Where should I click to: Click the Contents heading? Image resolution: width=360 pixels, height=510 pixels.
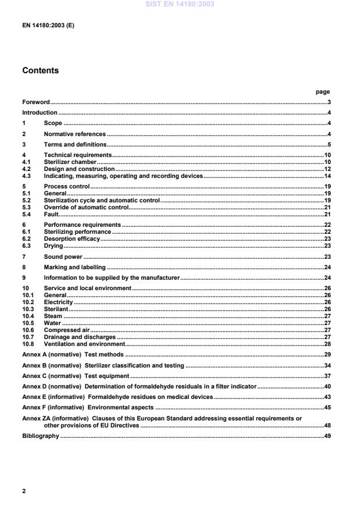click(40, 71)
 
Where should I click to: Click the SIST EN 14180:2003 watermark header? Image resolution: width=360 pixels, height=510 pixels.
click(180, 4)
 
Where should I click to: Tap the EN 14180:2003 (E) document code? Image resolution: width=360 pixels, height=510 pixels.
click(48, 26)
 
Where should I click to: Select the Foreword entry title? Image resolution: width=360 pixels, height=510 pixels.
click(35, 102)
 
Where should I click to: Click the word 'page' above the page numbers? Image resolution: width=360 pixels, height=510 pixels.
click(322, 91)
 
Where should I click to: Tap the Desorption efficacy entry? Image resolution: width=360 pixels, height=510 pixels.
click(72, 238)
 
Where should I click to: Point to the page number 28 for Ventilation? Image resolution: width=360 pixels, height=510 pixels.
click(327, 344)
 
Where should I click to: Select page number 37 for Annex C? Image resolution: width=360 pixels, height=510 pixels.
click(327, 376)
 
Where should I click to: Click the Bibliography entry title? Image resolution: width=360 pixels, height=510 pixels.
click(41, 436)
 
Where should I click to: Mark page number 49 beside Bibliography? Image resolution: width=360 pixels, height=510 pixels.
click(327, 436)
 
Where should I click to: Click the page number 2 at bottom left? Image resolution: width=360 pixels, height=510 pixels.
click(24, 491)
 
